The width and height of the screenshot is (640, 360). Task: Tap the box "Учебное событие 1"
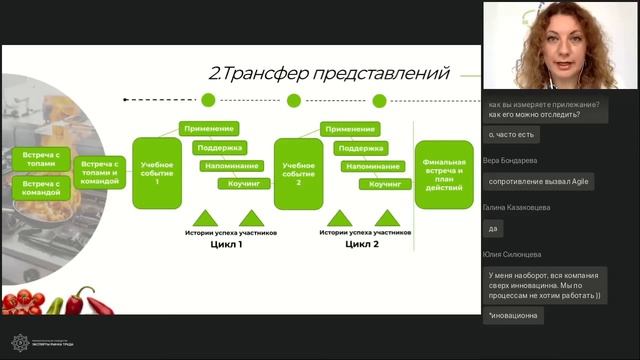coord(157,171)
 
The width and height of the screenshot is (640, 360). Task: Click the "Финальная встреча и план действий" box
coord(444,174)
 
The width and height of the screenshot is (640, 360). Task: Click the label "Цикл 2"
coord(362,243)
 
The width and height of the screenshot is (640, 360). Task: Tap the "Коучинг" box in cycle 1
coord(244,184)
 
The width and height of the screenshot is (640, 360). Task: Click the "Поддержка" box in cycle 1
coord(220,147)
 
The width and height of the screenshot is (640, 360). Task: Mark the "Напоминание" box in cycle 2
coord(372,165)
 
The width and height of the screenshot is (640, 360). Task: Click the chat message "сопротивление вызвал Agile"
coord(539,181)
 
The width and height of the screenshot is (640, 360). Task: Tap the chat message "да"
coord(494,228)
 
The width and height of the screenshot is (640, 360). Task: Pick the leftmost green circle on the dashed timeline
coord(208,100)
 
